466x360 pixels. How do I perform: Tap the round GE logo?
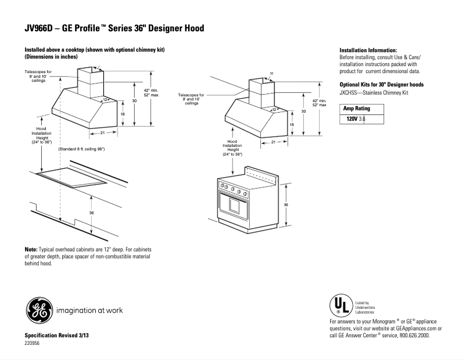(38, 309)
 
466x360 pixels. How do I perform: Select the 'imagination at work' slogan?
(89, 310)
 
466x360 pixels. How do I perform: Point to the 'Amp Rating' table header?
(356, 109)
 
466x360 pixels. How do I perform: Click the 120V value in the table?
(352, 119)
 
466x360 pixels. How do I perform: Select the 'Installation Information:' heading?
(368, 51)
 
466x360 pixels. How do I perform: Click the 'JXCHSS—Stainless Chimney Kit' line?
(375, 92)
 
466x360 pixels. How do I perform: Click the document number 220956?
(33, 344)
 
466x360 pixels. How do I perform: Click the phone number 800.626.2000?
(408, 335)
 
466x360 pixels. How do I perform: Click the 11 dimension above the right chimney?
(271, 73)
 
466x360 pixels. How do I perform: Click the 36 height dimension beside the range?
(286, 205)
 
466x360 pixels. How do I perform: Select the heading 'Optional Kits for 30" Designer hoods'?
(381, 85)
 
